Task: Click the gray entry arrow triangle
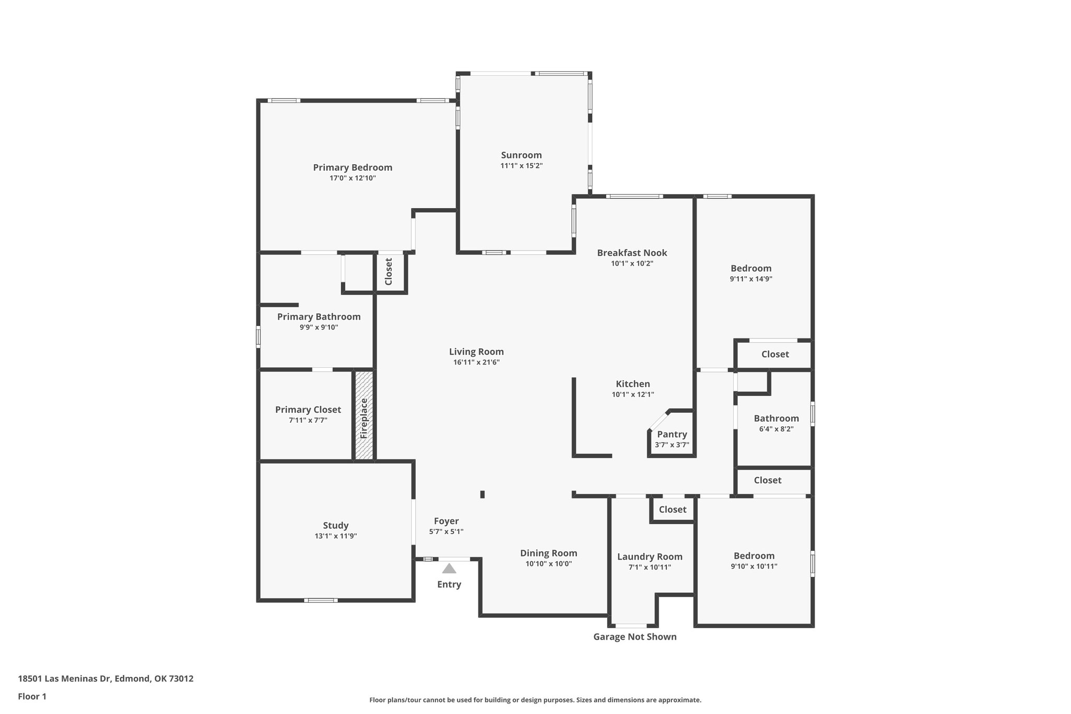pos(449,569)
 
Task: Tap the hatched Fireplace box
pos(364,416)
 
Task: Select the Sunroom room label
pos(521,155)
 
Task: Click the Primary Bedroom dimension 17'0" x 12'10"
pos(352,178)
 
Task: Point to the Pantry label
pos(672,434)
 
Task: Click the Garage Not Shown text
pos(634,637)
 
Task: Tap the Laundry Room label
pos(650,557)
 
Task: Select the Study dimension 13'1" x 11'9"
pos(335,536)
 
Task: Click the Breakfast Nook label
pos(632,253)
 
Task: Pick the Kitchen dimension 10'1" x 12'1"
pos(633,395)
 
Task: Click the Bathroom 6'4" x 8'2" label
pos(776,418)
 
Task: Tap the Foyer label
pos(446,521)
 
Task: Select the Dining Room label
pos(549,553)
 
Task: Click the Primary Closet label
pos(308,410)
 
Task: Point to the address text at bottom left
pos(106,679)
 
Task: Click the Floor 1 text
pos(32,696)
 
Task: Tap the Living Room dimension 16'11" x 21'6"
pos(476,362)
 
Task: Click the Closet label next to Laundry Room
pos(673,509)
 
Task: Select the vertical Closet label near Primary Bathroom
pos(389,272)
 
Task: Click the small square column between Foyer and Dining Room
pos(482,494)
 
